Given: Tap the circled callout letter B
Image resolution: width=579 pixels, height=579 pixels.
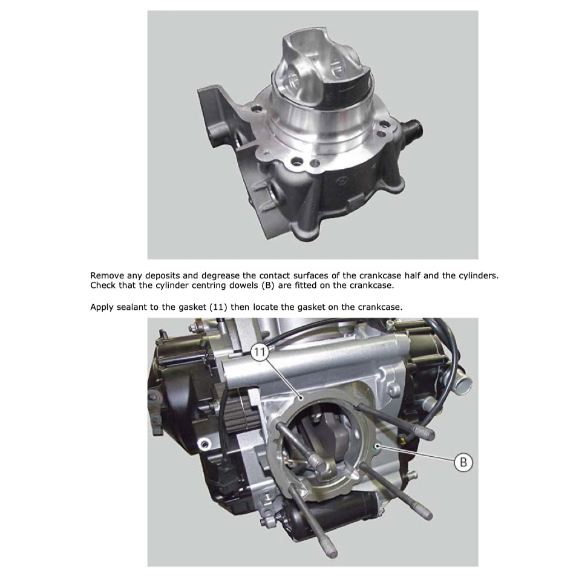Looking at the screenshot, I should click(x=463, y=463).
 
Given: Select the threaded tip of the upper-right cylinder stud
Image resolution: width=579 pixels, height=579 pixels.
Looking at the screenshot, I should click(x=427, y=434).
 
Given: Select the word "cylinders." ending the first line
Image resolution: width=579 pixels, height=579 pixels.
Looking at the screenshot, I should click(x=479, y=275).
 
